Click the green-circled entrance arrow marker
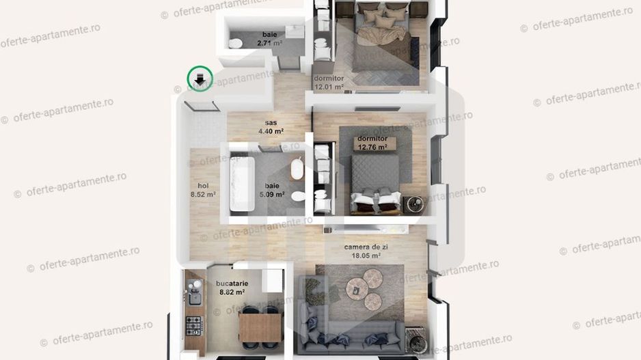click(x=200, y=79)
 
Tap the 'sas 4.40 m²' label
click(x=271, y=127)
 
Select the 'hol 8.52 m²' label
click(x=203, y=189)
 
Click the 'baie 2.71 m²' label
click(x=269, y=39)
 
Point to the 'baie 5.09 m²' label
click(x=271, y=189)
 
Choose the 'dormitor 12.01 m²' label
click(x=329, y=83)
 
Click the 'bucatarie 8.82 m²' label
click(x=232, y=287)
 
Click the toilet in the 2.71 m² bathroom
click(x=235, y=43)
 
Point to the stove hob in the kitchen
click(x=194, y=326)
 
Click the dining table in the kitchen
click(x=260, y=327)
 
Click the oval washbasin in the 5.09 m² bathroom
click(x=297, y=169)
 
